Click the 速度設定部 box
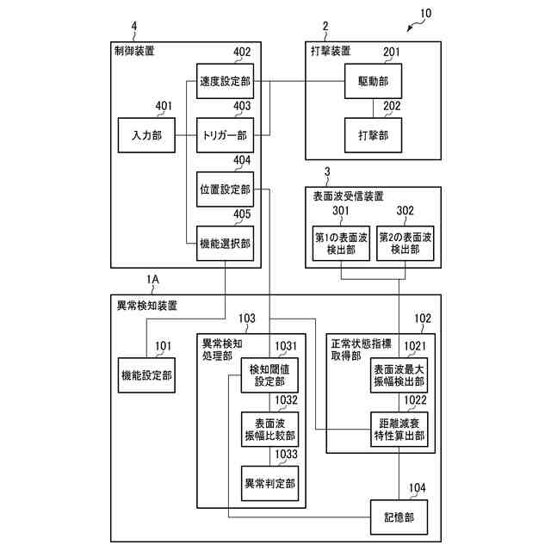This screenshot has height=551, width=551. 225,81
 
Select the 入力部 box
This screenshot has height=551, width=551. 146,135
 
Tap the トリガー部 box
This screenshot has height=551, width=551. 225,135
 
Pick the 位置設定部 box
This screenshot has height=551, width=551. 225,189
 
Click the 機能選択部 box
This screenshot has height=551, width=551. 225,244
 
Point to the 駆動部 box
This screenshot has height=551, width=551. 373,81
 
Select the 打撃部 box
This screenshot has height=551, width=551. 373,135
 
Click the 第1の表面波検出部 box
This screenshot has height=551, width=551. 341,244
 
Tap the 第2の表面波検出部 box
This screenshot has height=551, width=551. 406,244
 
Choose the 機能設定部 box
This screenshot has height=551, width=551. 146,375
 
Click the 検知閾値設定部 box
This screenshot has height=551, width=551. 269,375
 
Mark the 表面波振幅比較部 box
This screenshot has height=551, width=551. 269,430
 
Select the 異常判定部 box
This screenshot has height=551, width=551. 269,484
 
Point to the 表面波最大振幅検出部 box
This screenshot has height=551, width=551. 399,375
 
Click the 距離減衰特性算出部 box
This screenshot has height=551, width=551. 399,430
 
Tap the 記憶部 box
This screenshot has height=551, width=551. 399,517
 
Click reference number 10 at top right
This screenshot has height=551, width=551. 426,14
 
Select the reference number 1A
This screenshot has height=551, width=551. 153,279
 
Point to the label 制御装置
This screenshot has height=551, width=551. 134,51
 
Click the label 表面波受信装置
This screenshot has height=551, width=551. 348,196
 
